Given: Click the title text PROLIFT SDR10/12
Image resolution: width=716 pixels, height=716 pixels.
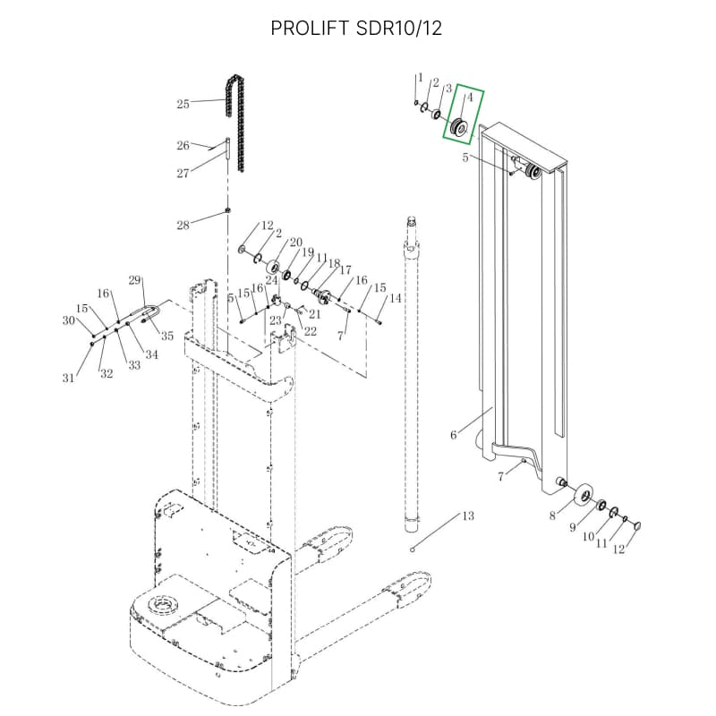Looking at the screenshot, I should tap(357, 29).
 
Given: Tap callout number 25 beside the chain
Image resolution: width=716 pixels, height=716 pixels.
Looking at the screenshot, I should tap(183, 104).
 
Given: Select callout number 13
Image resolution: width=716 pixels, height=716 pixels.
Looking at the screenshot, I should tap(467, 516).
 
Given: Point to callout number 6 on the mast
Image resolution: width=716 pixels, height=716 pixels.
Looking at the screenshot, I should tap(454, 435).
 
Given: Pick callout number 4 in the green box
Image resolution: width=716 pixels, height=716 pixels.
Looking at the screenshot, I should tap(469, 97).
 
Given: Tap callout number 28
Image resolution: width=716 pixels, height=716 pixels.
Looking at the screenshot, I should tap(183, 225).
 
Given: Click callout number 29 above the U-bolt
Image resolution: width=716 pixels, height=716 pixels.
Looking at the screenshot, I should tap(135, 281).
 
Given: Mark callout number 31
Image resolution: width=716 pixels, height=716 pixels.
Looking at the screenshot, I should tap(68, 379).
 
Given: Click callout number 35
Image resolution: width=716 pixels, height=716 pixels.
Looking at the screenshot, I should tap(166, 337).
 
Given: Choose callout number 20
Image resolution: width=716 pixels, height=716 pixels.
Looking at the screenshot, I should tap(295, 243).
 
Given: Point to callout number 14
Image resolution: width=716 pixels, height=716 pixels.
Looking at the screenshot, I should tap(395, 298).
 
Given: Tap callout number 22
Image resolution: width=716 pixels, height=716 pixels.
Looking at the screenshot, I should tap(311, 331).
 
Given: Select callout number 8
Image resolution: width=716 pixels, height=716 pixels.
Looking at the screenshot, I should tap(552, 516).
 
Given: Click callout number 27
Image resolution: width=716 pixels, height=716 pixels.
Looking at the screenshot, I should tap(183, 174).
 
